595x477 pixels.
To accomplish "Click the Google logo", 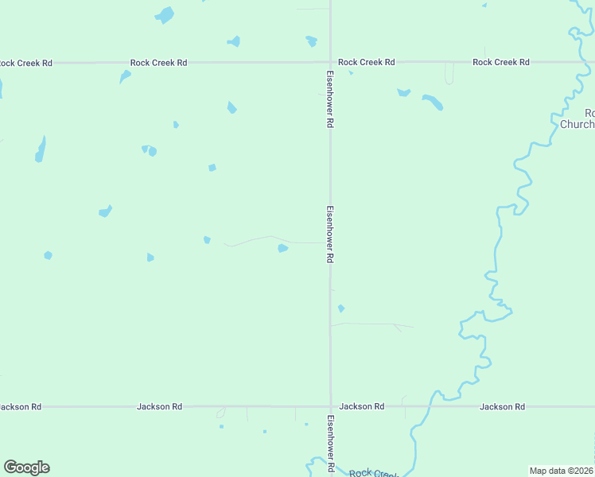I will (x=26, y=467).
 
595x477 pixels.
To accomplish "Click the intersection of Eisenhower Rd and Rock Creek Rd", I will (x=330, y=62).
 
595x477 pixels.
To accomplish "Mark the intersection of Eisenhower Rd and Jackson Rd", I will (x=330, y=406).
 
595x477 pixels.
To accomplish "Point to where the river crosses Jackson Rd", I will (x=430, y=406).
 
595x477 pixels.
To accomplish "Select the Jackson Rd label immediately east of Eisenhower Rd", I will (x=361, y=406).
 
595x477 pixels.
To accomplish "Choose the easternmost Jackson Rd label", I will (x=502, y=406).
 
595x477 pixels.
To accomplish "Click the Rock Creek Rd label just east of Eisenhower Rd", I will (x=366, y=62).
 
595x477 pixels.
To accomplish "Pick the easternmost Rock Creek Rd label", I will (x=501, y=62).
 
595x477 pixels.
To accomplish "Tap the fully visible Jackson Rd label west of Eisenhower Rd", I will (x=159, y=406).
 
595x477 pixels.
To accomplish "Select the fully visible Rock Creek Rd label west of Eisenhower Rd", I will (x=159, y=62).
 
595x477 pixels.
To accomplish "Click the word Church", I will (x=577, y=124).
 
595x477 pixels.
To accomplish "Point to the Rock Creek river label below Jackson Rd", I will (x=372, y=472).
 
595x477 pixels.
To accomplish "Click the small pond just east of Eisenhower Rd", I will (x=341, y=308).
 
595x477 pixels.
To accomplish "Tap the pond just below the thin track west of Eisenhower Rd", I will (x=282, y=249).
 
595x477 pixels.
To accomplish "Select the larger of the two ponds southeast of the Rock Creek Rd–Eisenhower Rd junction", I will (x=433, y=103).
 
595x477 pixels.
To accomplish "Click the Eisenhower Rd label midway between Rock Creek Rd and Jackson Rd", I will (x=329, y=235).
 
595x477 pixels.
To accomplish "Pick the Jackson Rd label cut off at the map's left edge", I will (x=21, y=406).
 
